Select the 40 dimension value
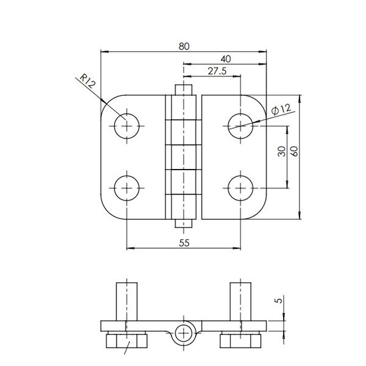pyautogui.click(x=226, y=59)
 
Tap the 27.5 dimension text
pyautogui.click(x=218, y=71)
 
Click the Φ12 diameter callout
pyautogui.click(x=281, y=110)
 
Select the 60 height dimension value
pyautogui.click(x=294, y=151)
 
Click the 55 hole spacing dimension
pyautogui.click(x=185, y=243)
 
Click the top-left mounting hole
pyautogui.click(x=127, y=125)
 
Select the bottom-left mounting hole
pyautogui.click(x=127, y=187)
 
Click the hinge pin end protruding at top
pyautogui.click(x=184, y=89)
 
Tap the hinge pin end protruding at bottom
pyautogui.click(x=184, y=223)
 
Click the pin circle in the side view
pyautogui.click(x=184, y=333)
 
